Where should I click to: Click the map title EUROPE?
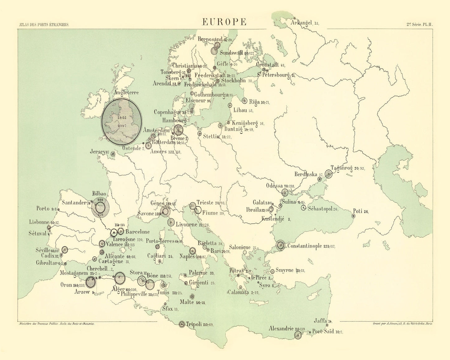tap(224, 22)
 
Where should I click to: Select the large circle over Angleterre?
tap(122, 121)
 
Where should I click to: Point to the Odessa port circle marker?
tap(285, 192)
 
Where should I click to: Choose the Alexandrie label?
tap(281, 329)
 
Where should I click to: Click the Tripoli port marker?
tap(182, 324)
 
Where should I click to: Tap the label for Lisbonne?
tap(39, 222)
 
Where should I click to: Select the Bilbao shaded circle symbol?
tap(100, 207)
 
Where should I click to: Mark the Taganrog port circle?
tap(328, 174)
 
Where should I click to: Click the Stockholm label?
tap(234, 81)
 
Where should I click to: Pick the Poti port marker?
tap(353, 216)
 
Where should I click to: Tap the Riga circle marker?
tap(244, 101)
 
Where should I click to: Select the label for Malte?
tap(187, 302)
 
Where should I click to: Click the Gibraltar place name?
tap(47, 263)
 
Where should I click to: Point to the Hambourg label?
tap(174, 120)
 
